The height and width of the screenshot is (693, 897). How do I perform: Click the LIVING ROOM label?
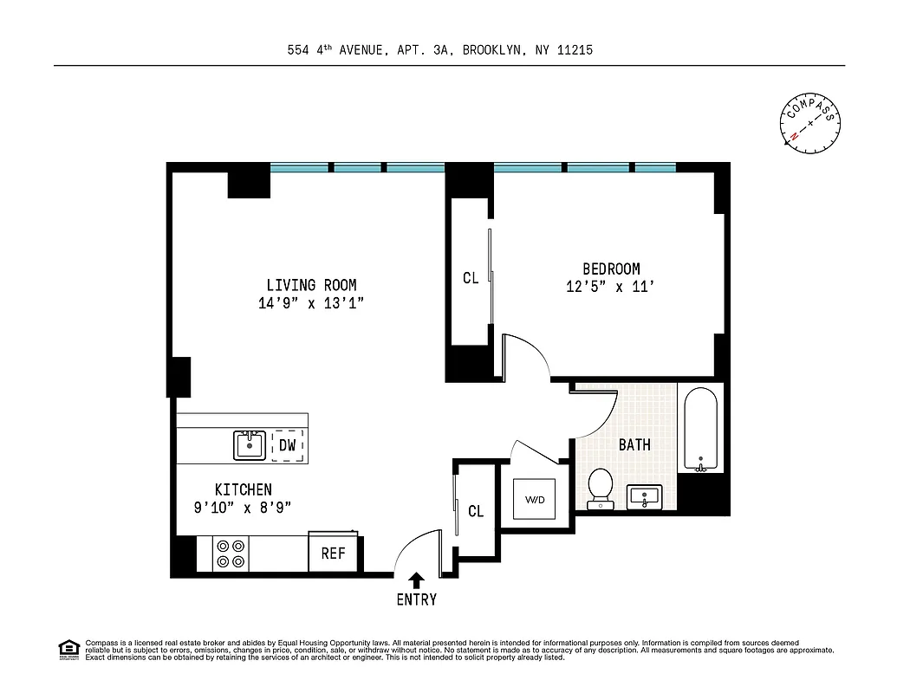[311, 285]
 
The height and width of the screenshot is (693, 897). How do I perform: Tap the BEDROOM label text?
[610, 269]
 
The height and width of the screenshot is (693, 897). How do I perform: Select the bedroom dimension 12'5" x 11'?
[609, 288]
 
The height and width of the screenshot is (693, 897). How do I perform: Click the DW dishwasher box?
[288, 445]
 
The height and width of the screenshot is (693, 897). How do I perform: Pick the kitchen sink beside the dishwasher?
[250, 445]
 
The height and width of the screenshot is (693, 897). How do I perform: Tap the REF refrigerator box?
[334, 554]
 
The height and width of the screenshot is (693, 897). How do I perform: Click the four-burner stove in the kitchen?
[231, 554]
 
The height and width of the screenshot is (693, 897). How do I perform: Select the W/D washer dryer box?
[535, 499]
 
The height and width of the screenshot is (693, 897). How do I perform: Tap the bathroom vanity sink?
[643, 497]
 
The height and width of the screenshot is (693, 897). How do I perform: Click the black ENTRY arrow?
[416, 580]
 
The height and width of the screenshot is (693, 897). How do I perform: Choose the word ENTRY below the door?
[416, 599]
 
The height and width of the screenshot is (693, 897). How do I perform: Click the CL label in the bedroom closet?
[471, 278]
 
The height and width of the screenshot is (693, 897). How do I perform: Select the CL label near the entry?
[476, 511]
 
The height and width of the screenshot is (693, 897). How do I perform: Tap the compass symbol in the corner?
[810, 122]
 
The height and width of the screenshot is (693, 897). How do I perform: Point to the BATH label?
[634, 445]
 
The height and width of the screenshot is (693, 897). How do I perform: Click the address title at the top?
[439, 50]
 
